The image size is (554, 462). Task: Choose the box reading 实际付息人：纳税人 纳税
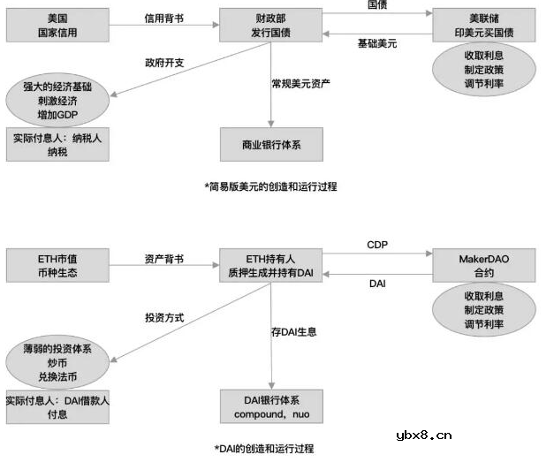57,145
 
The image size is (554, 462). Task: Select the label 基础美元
377,42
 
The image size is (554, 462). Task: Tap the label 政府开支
164,63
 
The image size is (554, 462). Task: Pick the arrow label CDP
377,244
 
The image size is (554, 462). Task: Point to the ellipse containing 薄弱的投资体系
57,363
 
